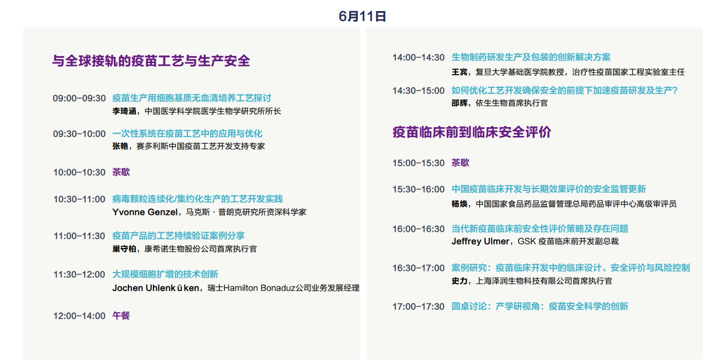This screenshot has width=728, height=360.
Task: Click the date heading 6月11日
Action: point(362,16)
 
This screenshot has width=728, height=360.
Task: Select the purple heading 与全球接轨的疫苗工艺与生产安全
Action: point(151,61)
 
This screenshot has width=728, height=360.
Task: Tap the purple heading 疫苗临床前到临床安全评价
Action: point(472,132)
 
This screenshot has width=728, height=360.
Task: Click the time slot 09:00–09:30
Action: point(79,98)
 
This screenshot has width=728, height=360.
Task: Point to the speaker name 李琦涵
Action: point(124,111)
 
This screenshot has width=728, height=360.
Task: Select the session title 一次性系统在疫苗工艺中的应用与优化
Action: point(187,134)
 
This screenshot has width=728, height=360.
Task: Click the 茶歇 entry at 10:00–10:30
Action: point(121,172)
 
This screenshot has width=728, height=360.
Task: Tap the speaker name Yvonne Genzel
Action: point(145,212)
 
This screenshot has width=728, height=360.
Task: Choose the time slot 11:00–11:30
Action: point(79,236)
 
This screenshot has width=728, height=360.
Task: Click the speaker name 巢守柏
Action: point(124,249)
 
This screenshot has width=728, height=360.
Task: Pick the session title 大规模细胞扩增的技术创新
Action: point(165,274)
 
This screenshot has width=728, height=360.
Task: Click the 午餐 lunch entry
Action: point(121,316)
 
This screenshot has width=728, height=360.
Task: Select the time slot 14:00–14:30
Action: point(418,58)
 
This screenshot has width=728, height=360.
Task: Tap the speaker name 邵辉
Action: point(459,103)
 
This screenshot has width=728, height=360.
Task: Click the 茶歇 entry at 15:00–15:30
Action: point(461,162)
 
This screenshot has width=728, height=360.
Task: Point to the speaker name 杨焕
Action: point(459,204)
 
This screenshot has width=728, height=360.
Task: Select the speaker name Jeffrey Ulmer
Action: point(480,242)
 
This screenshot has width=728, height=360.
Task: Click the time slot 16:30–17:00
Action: point(418,268)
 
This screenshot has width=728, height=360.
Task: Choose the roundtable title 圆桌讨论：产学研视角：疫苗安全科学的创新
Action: point(540,306)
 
